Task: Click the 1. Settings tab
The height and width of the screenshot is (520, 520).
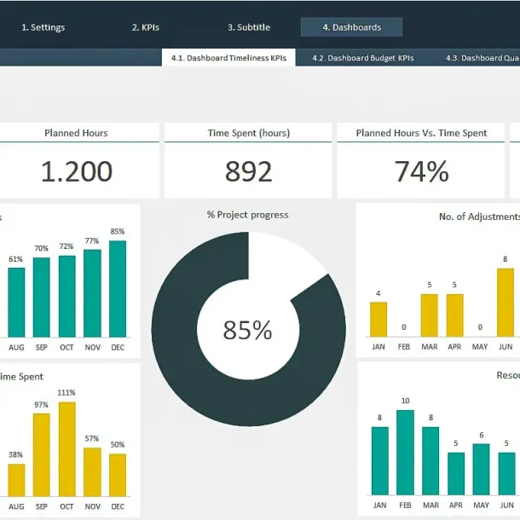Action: click(43, 27)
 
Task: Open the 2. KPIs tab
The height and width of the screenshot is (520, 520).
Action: click(145, 27)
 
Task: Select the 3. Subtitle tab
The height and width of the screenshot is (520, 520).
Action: click(248, 27)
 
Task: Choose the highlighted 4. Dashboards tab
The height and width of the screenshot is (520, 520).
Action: click(351, 27)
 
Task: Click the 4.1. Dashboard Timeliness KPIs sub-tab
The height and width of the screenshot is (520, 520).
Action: click(228, 58)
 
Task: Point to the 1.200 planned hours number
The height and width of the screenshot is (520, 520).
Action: click(76, 171)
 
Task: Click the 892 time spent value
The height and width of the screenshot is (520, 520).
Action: click(248, 171)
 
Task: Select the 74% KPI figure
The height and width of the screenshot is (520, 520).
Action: click(421, 171)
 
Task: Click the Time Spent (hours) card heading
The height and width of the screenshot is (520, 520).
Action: click(248, 133)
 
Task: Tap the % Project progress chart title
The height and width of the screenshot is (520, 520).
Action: click(248, 215)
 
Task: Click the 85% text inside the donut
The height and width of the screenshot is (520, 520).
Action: click(248, 330)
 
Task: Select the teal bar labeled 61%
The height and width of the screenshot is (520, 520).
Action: click(16, 303)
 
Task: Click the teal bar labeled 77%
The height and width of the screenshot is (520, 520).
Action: click(92, 293)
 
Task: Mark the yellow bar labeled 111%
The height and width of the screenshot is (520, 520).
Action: click(66, 448)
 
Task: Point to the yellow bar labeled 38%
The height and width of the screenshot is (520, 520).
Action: click(16, 480)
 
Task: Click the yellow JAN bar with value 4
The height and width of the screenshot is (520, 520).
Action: click(378, 320)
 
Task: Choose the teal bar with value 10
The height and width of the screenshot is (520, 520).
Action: click(405, 452)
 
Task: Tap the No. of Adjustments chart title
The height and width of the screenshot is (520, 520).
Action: click(477, 217)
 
